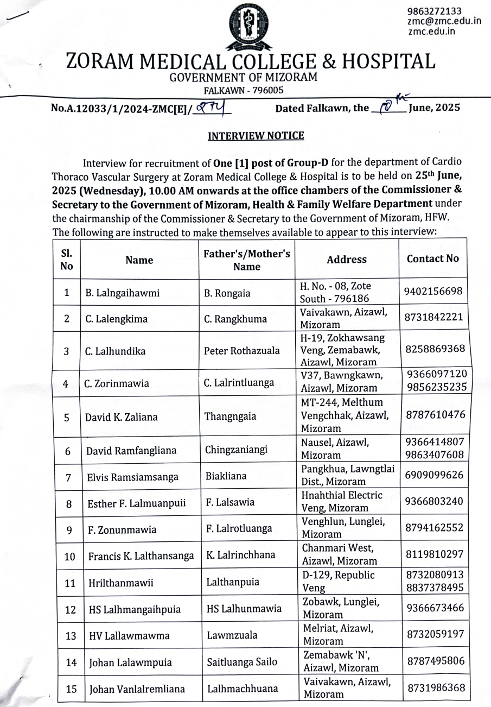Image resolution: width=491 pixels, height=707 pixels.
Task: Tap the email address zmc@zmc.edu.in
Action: point(444,21)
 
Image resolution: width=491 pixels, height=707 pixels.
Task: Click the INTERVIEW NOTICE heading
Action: point(256,135)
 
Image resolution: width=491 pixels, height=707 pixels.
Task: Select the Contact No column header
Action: point(432,258)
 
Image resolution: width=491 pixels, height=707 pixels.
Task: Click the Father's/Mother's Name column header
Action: point(247,260)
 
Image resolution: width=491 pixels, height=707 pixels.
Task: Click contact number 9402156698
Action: point(433,292)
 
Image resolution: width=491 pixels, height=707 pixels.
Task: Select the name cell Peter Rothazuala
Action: point(242,350)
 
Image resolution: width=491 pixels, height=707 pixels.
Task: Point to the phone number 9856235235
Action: point(436,387)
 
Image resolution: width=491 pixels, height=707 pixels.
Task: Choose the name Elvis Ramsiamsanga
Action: point(130,477)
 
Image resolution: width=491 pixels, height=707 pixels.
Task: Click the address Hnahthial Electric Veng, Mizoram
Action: point(342,502)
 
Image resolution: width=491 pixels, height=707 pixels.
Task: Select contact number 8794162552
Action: point(434,527)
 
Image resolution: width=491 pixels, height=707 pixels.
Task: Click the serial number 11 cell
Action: point(69,583)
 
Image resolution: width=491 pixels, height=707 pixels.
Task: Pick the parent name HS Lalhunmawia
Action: point(244,609)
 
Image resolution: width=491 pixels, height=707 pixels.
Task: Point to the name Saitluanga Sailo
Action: point(242,661)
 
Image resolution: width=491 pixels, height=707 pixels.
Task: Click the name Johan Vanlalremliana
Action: point(137,689)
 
